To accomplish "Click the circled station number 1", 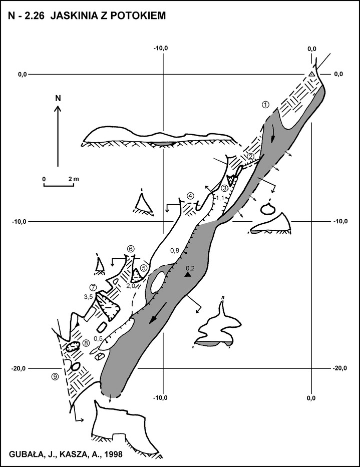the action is tap(265, 104).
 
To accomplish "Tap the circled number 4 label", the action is tap(191, 196).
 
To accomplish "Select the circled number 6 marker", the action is tap(131, 249).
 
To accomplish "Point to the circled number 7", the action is tap(93, 287).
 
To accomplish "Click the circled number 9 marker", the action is tap(56, 376).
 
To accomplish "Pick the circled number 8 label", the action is tap(86, 343).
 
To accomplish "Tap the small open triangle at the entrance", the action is tap(311, 74).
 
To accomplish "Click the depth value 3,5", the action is tap(89, 297).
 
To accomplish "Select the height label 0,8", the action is tap(175, 251).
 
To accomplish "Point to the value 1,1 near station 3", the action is tap(220, 198).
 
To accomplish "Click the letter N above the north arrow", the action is tap(58, 99).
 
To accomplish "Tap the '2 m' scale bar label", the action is tap(73, 179).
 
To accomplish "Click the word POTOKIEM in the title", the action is tap(138, 16).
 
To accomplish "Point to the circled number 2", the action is tap(251, 156).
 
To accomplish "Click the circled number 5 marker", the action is tap(144, 268).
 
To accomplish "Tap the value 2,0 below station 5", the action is tap(131, 286).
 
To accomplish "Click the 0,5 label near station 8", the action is tap(98, 338).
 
